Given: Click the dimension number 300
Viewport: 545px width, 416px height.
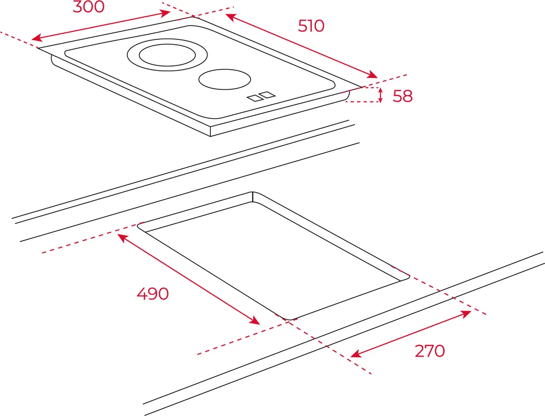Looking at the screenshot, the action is tap(89, 6).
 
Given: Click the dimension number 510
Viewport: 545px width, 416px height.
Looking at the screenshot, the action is tap(311, 26).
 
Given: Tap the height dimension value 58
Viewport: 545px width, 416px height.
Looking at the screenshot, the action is tap(402, 96).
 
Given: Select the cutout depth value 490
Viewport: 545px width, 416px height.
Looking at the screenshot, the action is tap(153, 294).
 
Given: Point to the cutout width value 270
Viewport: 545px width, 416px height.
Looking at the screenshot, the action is tap(430, 351).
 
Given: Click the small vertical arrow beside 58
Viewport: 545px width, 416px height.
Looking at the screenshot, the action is tap(381, 95).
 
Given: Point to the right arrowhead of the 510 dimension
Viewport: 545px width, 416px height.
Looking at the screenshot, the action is tap(373, 75).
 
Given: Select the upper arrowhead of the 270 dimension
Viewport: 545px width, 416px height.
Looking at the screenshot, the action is tap(466, 313).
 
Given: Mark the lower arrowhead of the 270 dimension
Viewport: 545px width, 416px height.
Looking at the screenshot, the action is tap(355, 354).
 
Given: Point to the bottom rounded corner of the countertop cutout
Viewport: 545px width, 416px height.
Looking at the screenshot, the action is tap(289, 319).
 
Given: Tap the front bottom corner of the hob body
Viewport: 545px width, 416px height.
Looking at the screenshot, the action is tap(211, 136).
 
